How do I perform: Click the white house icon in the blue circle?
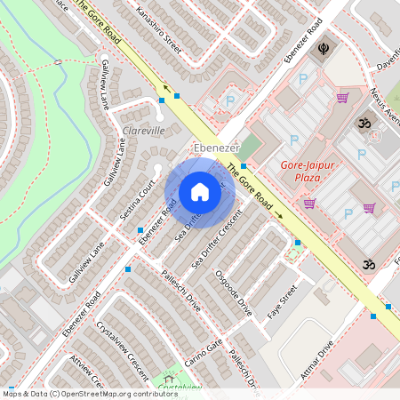tap(200, 192)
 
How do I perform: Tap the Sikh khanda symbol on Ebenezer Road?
tap(319, 51)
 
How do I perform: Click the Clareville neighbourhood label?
tap(142, 131)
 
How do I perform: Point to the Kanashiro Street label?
tap(159, 28)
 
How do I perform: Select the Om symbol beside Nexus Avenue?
tap(362, 122)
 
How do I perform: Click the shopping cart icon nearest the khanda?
tap(341, 98)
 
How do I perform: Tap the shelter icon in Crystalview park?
tap(169, 378)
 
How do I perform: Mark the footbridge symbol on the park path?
tap(58, 64)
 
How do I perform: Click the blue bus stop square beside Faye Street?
tap(297, 242)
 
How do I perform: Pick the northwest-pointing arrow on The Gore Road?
tap(165, 88)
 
